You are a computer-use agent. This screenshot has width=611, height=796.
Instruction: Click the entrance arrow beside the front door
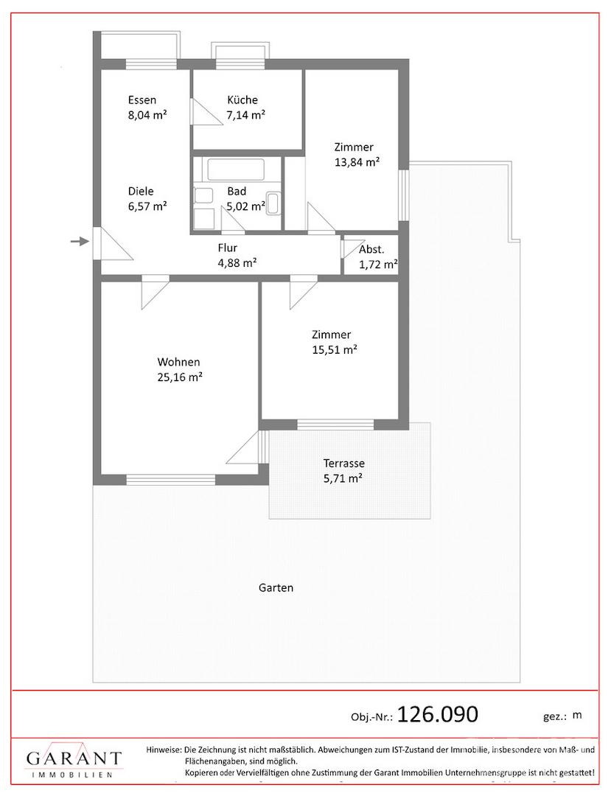[79, 242]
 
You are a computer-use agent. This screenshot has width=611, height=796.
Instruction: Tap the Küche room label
[242, 100]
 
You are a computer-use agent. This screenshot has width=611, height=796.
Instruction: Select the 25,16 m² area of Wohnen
[180, 377]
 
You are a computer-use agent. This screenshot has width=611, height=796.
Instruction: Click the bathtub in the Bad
[236, 170]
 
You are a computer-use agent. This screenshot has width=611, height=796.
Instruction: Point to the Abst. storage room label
[371, 250]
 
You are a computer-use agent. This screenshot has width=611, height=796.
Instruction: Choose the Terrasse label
[344, 464]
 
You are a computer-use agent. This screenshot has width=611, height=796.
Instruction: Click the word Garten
[276, 588]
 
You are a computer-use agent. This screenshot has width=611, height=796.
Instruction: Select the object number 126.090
[438, 714]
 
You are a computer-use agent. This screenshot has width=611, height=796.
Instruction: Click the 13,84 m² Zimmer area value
[357, 162]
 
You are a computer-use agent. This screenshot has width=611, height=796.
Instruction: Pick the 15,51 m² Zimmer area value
[335, 350]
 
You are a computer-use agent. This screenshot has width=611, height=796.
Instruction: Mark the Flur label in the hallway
[227, 248]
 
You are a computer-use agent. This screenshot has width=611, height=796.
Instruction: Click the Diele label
[141, 192]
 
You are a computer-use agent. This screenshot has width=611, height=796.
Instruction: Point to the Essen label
[142, 100]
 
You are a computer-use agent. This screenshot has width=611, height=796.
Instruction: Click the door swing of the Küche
[206, 111]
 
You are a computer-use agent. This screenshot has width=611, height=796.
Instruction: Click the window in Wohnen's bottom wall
[171, 480]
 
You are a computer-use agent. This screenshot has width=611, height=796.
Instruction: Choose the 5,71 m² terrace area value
[343, 478]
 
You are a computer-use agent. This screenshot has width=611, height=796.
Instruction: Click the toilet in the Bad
[273, 203]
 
